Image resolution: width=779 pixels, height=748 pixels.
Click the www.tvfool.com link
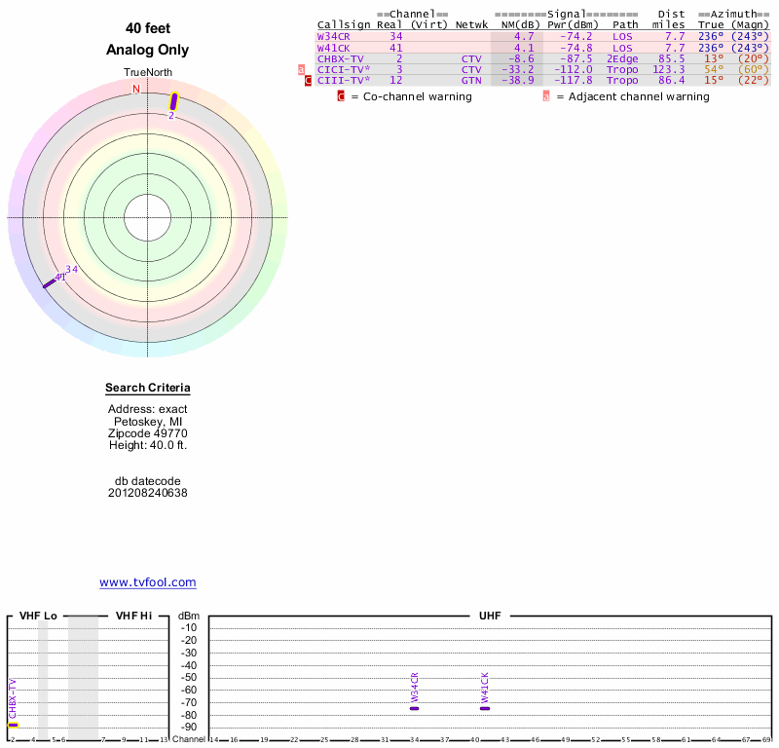[x=147, y=582]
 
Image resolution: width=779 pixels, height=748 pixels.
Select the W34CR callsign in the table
[x=333, y=36]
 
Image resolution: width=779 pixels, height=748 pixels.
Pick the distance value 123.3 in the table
[x=669, y=69]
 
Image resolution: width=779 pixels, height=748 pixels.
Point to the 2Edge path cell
[x=622, y=58]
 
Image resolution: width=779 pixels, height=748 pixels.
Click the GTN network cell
[x=471, y=80]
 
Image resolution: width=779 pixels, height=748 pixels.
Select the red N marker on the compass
[x=136, y=89]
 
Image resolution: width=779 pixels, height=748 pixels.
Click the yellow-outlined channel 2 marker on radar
[x=174, y=100]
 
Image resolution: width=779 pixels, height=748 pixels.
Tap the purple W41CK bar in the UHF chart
[x=485, y=708]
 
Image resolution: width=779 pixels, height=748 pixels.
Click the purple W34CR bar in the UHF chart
[x=415, y=708]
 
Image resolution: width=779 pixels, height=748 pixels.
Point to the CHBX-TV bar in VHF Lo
[x=13, y=725]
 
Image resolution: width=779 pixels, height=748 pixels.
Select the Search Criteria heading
[x=148, y=389]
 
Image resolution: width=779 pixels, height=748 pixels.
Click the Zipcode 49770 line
[x=148, y=433]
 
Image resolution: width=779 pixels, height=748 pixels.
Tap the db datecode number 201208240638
[x=148, y=493]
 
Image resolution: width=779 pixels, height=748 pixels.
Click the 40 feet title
[x=148, y=28]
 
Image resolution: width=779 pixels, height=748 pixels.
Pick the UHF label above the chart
[x=489, y=616]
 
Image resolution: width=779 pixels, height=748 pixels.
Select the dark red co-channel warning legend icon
[x=341, y=96]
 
